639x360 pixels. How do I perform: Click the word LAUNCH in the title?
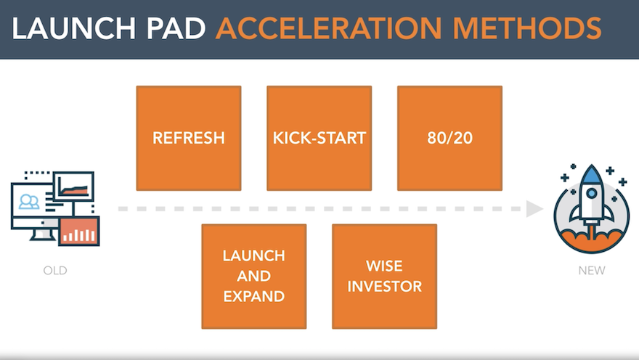tap(74, 28)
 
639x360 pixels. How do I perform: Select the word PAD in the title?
tap(176, 28)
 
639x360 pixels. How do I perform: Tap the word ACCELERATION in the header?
tap(328, 28)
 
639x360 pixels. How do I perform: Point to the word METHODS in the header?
tap(527, 28)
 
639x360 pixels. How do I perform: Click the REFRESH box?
tap(189, 138)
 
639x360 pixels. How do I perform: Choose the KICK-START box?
tap(319, 138)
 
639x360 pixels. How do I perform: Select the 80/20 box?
tap(449, 138)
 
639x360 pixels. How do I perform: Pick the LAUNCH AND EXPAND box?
tap(254, 276)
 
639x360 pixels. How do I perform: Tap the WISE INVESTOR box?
tap(384, 276)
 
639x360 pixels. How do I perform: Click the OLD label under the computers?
tap(55, 271)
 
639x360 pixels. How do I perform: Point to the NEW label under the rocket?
tap(592, 271)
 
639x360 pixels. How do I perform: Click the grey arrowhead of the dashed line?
tap(534, 209)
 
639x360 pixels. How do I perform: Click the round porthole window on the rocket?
tap(592, 194)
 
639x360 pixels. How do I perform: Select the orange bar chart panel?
tap(79, 231)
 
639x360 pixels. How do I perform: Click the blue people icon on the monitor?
tap(29, 202)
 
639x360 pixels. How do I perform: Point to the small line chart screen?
tap(73, 187)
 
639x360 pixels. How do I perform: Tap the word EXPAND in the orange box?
tap(254, 296)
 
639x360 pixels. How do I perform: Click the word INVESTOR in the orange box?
tap(384, 286)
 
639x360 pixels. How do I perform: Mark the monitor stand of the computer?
tap(44, 235)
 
